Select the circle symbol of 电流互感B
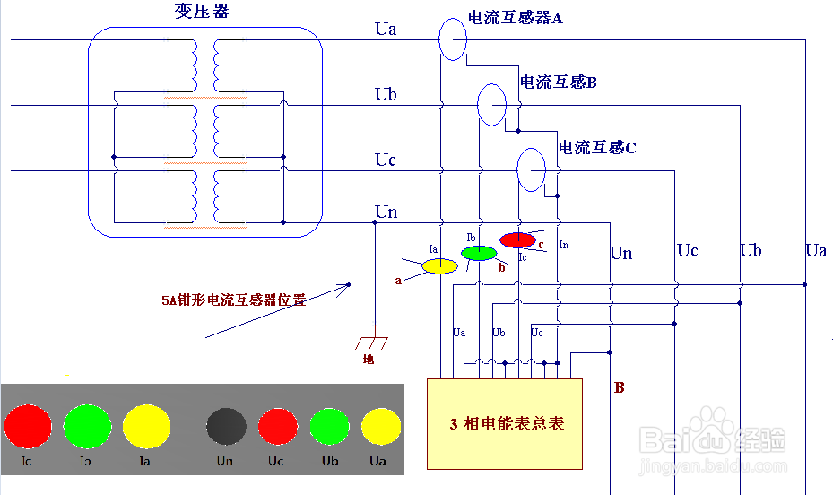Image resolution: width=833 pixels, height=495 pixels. click(490, 105)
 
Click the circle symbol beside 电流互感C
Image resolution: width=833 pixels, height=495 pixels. click(530, 169)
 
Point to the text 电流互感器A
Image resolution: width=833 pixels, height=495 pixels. click(515, 18)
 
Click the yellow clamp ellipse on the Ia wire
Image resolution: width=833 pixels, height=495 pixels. click(439, 265)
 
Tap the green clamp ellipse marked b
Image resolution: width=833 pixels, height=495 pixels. click(478, 253)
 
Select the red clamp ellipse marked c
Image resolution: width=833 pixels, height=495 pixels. click(517, 239)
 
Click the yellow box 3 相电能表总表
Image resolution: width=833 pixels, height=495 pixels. click(505, 424)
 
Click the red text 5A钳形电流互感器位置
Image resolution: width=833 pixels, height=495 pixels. click(234, 300)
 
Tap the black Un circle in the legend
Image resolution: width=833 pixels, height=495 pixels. click(226, 427)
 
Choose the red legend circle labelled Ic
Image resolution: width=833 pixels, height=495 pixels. click(29, 426)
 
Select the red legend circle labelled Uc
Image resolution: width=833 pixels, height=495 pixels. click(277, 427)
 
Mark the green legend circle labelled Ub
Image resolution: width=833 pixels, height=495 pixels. click(328, 427)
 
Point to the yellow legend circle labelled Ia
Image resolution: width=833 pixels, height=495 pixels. click(146, 426)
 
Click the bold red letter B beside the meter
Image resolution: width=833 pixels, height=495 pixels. click(619, 388)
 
